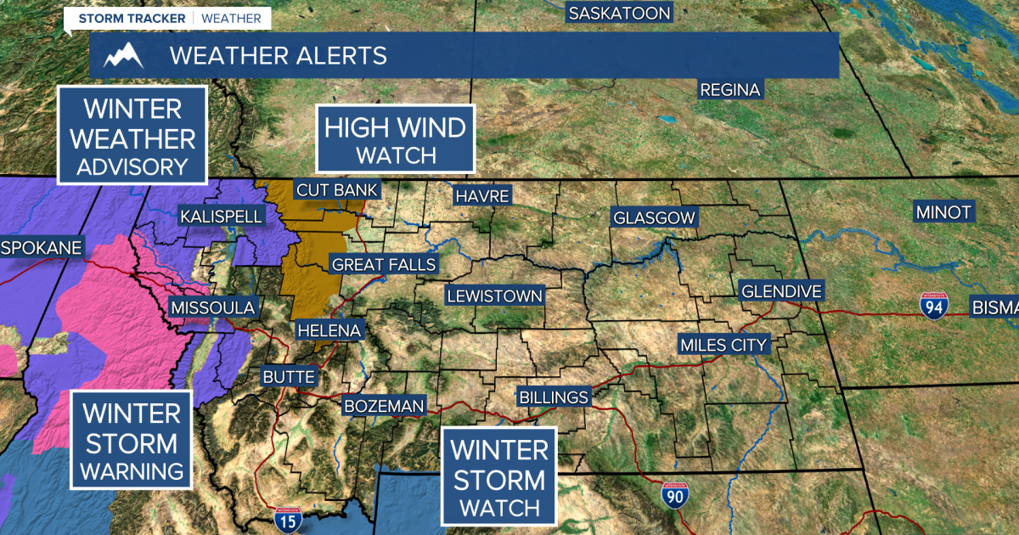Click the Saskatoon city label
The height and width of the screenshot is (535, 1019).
[619, 13]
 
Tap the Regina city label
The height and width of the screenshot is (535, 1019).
[730, 89]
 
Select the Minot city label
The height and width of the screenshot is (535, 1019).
[943, 212]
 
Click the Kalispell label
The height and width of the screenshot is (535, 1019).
[222, 217]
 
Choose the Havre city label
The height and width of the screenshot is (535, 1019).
[482, 196]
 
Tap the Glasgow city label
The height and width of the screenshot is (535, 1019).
[655, 217]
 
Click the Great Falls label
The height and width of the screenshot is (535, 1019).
[384, 265]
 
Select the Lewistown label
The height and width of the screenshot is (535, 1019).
[495, 296]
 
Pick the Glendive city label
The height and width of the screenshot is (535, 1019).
[782, 291]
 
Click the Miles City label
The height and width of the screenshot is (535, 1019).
[723, 345]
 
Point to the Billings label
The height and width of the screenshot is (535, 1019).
[554, 397]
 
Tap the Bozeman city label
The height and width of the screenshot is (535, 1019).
[384, 406]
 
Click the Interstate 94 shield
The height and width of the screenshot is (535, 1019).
[933, 306]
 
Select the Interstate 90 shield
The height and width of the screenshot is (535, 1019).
[675, 493]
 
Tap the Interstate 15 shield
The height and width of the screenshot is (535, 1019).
[287, 521]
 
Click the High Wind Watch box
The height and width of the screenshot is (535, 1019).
[396, 140]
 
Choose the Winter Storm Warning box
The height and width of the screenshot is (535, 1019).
[132, 442]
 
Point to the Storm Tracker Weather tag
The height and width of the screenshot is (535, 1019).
[170, 18]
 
